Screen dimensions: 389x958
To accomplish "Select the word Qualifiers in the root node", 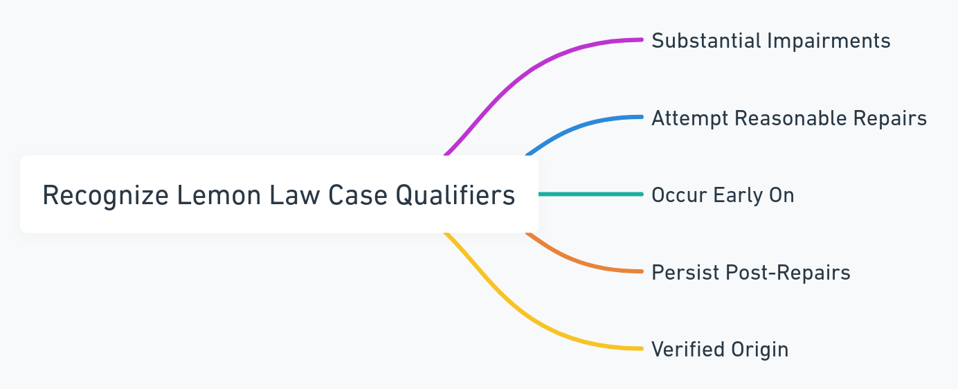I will (x=455, y=196).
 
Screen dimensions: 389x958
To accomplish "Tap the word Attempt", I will (x=689, y=118).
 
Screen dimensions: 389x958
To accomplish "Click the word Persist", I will (x=685, y=273).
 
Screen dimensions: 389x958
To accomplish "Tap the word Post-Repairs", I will (x=788, y=273).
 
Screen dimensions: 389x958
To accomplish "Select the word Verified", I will (x=685, y=350).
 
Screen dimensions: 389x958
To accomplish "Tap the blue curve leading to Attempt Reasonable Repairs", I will (x=581, y=125).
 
